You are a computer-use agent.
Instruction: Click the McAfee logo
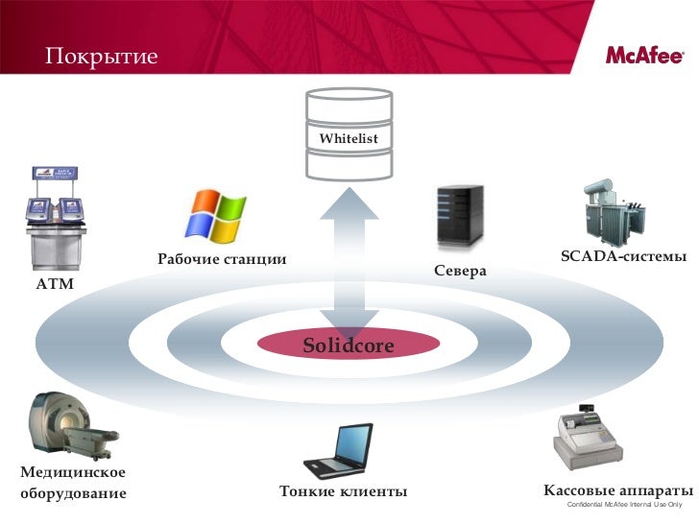643,55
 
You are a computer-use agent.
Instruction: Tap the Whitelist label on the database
349,139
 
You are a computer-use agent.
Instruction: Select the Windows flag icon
216,214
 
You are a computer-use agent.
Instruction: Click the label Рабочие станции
216,260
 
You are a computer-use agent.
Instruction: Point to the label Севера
460,272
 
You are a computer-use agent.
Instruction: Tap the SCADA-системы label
623,257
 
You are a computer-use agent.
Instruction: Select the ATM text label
55,285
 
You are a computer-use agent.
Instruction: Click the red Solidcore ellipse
349,345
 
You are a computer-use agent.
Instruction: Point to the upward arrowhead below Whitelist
349,206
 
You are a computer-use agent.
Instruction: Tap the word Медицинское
73,472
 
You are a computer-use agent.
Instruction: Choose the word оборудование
73,493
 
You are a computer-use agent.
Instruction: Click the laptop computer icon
338,451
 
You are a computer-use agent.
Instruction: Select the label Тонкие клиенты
343,492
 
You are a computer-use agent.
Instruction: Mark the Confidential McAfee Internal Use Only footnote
624,506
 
